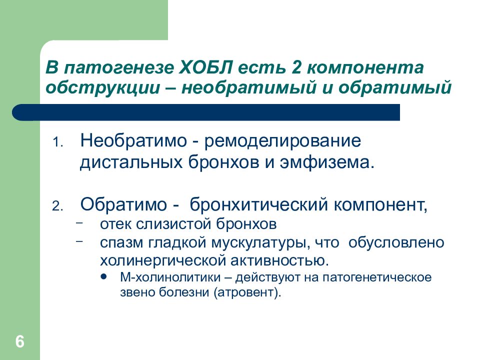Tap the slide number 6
[20, 341]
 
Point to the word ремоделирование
[282, 141]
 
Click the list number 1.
[57, 142]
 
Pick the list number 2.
[57, 206]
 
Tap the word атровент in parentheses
[246, 292]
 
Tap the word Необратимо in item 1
[133, 141]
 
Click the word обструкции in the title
[103, 88]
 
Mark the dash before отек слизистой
[79, 222]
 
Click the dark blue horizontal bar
[206, 112]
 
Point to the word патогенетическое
[377, 277]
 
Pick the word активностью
[279, 261]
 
